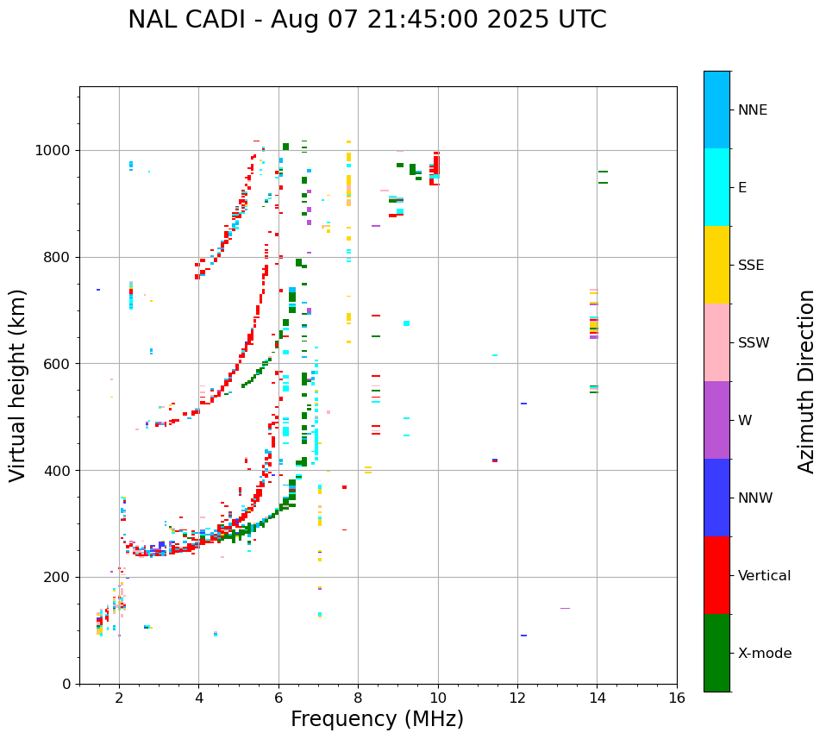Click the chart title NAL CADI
(366, 20)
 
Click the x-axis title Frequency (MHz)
(377, 719)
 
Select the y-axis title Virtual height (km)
(18, 385)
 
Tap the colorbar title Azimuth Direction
(806, 381)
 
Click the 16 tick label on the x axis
(677, 698)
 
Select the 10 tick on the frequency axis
(438, 698)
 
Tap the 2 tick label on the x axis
(119, 698)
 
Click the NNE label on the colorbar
(752, 110)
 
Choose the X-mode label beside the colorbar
(764, 654)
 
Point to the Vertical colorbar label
(764, 576)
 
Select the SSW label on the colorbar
(754, 343)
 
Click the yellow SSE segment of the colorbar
(716, 265)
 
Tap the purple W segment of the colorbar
(716, 420)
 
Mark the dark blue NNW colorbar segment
(716, 498)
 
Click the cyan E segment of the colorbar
(716, 187)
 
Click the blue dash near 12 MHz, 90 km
(523, 636)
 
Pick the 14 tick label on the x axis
(597, 698)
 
